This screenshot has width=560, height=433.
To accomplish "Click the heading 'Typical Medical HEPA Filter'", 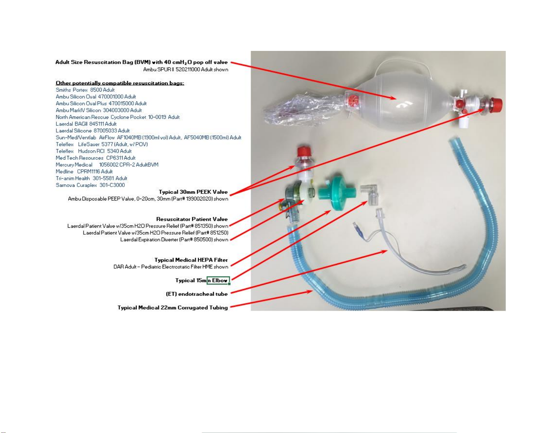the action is click(191, 260).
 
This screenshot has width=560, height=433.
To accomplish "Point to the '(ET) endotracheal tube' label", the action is click(197, 294).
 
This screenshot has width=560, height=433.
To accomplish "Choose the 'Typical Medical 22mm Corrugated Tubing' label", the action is click(173, 308).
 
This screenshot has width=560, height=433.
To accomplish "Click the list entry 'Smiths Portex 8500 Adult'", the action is click(85, 90).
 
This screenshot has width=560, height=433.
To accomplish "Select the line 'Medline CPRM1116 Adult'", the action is click(84, 171).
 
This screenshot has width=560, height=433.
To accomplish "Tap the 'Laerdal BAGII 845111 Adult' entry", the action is click(86, 124).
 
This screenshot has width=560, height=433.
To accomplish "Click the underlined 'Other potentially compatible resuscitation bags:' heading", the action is click(120, 83).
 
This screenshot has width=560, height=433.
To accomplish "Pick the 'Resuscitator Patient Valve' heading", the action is click(192, 219).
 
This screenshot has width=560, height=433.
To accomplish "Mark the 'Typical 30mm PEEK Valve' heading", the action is click(193, 192).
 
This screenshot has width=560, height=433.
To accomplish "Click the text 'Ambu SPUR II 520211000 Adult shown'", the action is click(185, 69).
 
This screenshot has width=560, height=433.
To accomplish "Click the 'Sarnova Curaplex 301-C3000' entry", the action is click(90, 185).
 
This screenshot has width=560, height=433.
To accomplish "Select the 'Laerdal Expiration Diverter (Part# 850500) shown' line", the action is click(174, 239).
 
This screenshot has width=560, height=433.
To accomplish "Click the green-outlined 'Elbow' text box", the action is click(218, 280).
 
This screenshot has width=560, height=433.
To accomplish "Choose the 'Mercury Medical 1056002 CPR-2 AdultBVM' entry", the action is click(107, 165).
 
